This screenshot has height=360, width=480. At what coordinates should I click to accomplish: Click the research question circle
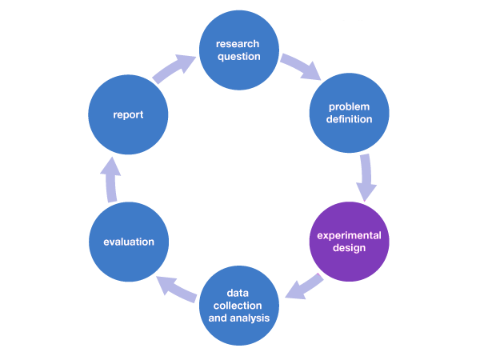pos(238,50)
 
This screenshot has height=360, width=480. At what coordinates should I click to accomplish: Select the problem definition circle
pos(350,114)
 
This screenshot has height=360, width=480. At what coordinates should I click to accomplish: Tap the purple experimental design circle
pos(350,241)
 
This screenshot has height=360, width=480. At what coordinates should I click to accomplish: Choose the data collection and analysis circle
pos(238,305)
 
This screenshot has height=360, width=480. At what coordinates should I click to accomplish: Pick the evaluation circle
pos(128,241)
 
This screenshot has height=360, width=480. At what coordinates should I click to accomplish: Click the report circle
pos(128,114)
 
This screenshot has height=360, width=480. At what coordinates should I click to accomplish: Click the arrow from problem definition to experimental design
pos(367,177)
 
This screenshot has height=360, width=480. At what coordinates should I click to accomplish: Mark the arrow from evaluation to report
pos(110,178)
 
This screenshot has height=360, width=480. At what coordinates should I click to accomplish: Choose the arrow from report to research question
pos(174,69)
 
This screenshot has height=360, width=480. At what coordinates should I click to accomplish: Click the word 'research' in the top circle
pos(238,43)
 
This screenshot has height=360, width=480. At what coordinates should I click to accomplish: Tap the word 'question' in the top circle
pos(238,56)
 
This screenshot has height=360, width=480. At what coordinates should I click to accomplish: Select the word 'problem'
pos(350,107)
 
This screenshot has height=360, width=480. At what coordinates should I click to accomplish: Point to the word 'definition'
pos(350,120)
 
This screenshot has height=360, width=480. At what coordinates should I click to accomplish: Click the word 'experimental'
pos(350,235)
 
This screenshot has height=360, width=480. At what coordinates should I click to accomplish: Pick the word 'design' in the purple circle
pos(350,248)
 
